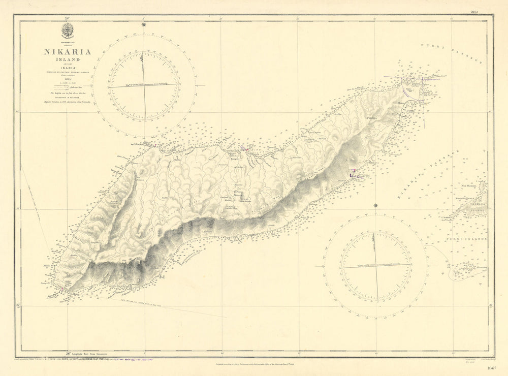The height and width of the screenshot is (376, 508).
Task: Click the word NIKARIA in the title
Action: coord(67,51)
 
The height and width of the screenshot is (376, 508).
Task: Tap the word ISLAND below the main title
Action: coord(67,59)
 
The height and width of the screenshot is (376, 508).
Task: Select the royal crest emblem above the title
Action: coord(67,32)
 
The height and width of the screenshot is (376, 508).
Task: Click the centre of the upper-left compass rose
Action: coord(144,85)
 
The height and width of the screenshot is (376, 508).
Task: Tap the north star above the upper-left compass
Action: coord(144,24)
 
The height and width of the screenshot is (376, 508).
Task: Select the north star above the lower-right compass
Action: coord(376,205)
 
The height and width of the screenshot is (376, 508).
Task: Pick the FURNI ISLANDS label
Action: coord(466,238)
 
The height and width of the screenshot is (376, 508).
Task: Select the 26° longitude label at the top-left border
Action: coord(67,18)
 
